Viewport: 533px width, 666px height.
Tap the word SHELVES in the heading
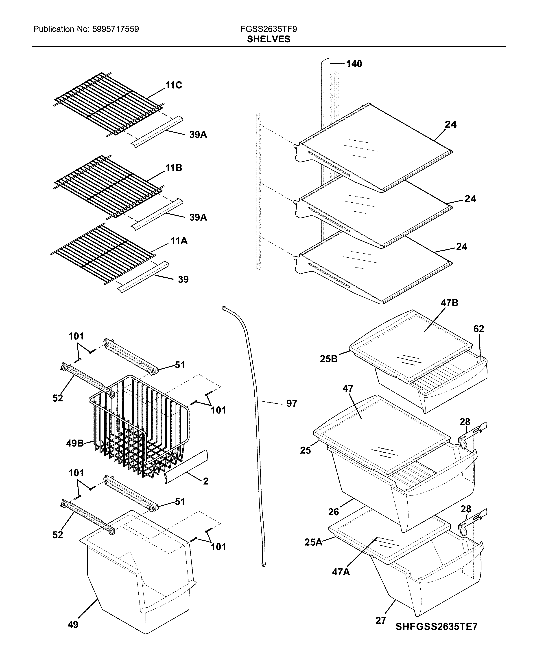pyautogui.click(x=268, y=39)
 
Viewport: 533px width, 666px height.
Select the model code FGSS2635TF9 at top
pyautogui.click(x=268, y=29)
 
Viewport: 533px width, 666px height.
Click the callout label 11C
pyautogui.click(x=173, y=85)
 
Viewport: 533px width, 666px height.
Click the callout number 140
pyautogui.click(x=354, y=64)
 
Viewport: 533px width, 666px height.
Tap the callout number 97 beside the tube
pyautogui.click(x=291, y=403)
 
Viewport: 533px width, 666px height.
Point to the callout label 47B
pyautogui.click(x=449, y=303)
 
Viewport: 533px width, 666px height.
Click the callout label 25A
pyautogui.click(x=313, y=542)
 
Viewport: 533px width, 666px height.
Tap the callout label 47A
pyautogui.click(x=341, y=572)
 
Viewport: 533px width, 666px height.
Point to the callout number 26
pyautogui.click(x=333, y=512)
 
